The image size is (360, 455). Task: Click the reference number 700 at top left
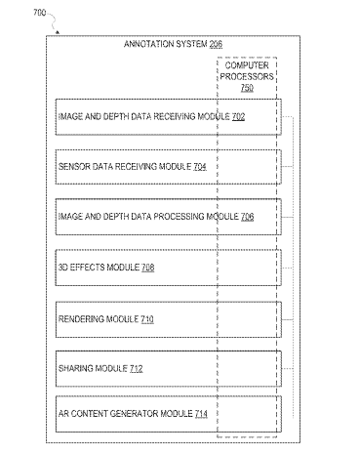39,13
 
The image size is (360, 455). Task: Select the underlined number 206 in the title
216,44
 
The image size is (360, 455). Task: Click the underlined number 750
247,88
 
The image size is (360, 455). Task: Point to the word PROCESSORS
247,77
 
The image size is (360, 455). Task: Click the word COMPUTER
247,65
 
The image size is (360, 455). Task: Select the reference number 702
238,116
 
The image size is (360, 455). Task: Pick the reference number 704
200,167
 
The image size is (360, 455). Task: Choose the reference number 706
247,217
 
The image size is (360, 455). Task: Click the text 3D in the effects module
63,268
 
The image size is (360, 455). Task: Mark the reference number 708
148,268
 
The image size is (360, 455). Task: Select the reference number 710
147,319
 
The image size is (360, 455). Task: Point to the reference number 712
137,368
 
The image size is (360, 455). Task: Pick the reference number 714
201,414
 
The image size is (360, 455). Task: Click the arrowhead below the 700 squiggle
58,32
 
